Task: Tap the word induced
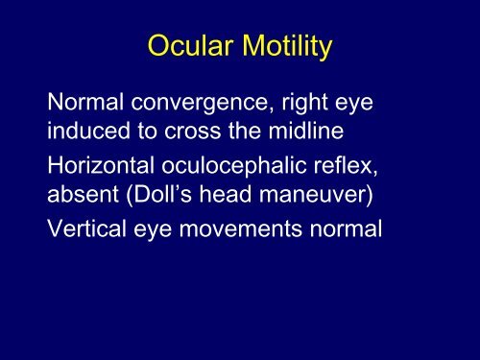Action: [x=94, y=129]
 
